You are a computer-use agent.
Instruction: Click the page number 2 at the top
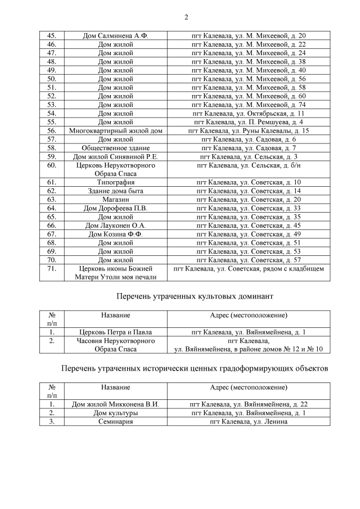[186, 16]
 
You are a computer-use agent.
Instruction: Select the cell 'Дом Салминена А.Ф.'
[115, 35]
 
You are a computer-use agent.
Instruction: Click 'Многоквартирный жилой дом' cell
[115, 130]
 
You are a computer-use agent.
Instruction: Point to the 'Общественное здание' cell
[115, 148]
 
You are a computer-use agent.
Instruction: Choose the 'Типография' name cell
[115, 182]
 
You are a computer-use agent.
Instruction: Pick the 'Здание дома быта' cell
[115, 191]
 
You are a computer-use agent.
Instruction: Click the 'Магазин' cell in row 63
[115, 200]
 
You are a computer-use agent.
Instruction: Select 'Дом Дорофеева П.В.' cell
[115, 208]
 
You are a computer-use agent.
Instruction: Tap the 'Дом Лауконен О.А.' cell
[115, 226]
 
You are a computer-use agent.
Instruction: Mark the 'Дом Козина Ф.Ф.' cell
[115, 234]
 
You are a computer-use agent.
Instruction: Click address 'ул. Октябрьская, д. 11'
[249, 113]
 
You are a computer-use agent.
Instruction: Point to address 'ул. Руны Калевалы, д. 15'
[249, 130]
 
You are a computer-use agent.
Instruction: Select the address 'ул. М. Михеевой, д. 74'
[249, 105]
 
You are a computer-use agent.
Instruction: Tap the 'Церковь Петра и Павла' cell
[115, 332]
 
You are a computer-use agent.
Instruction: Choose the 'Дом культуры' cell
[115, 413]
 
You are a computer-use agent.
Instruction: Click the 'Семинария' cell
[115, 421]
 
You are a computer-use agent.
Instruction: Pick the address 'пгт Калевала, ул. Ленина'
[249, 421]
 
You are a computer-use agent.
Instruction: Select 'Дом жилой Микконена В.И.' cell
[115, 404]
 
